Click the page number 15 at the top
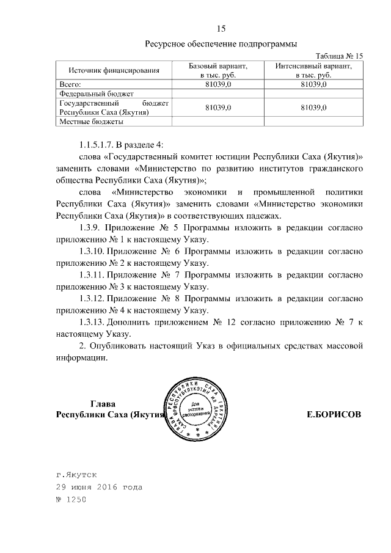(x=222, y=28)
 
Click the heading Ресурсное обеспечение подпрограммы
(x=221, y=44)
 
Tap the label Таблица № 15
(x=337, y=56)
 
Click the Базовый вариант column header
(x=217, y=70)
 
